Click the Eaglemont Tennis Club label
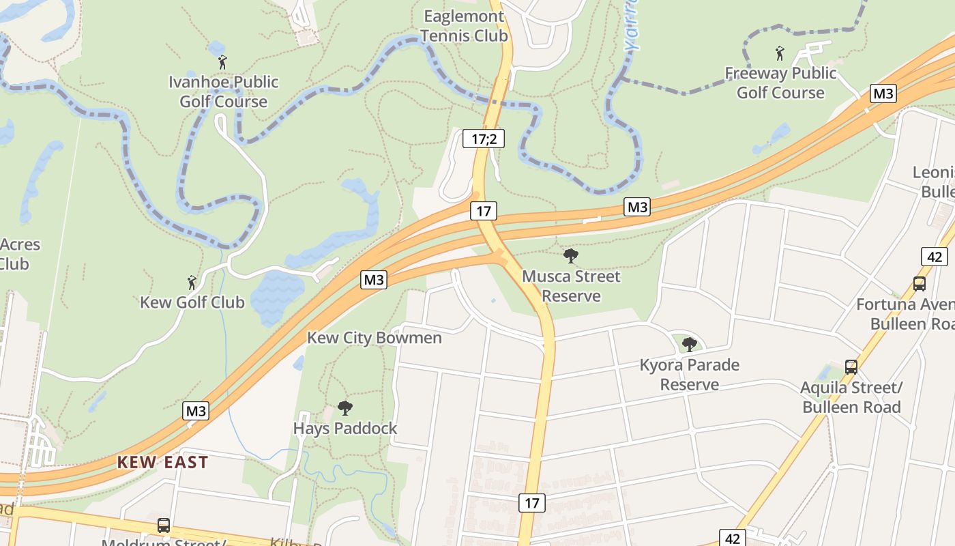coord(465,26)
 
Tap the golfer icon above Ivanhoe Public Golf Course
coord(222,63)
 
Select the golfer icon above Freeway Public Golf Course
coord(780,53)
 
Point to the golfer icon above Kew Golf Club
coord(192,282)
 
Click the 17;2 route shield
coord(484,139)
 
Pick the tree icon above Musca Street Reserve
coord(571,257)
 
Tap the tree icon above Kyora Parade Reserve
coord(690,345)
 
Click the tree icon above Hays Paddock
coord(345,408)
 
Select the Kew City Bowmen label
coord(374,338)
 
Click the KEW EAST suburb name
coord(162,462)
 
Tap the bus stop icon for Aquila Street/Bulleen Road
coord(851,367)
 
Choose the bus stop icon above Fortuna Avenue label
coord(920,284)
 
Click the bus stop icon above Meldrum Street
coord(164,526)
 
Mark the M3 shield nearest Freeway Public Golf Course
coord(883,94)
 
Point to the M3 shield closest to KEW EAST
coord(196,411)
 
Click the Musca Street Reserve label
coord(571,286)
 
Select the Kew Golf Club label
coord(192,302)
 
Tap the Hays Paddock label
coord(345,429)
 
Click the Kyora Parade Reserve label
coord(690,375)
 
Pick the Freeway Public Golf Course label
coord(780,83)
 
